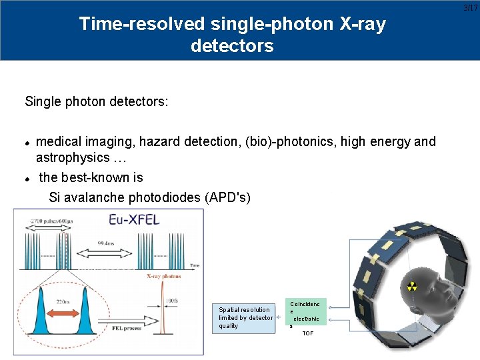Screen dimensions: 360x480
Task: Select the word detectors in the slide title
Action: point(232,46)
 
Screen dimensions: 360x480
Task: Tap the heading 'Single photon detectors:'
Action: point(97,102)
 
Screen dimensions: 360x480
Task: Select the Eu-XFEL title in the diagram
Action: point(135,220)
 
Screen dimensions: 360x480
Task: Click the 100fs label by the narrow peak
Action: point(172,301)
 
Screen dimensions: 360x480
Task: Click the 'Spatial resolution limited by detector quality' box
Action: point(245,317)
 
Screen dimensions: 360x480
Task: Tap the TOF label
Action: point(307,333)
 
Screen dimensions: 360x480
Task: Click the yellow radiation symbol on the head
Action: point(412,287)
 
